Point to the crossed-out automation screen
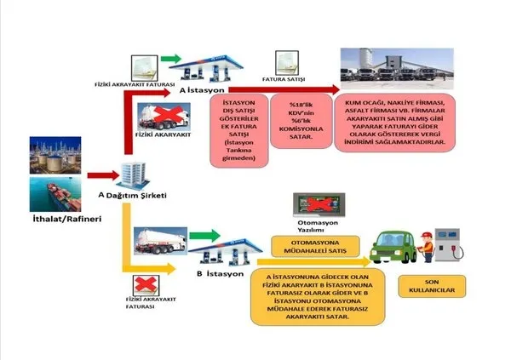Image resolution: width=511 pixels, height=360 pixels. point(314,204)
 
